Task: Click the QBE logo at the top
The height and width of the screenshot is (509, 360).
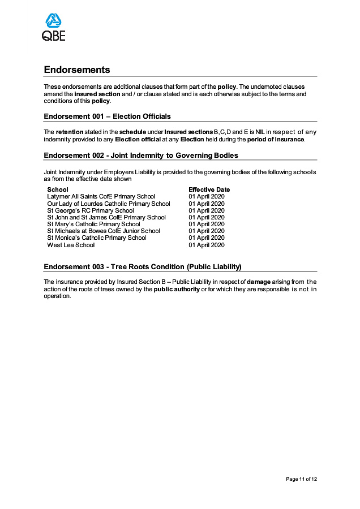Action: click(x=54, y=28)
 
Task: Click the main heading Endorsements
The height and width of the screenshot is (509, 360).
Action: click(x=77, y=70)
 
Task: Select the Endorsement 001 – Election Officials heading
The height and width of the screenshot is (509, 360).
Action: click(x=107, y=117)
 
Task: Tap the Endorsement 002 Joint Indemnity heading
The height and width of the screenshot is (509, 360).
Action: click(x=141, y=156)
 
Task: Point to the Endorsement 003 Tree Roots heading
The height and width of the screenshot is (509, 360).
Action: click(x=143, y=267)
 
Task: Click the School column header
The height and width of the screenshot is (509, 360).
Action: click(x=58, y=189)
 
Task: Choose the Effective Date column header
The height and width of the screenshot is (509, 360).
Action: click(x=209, y=189)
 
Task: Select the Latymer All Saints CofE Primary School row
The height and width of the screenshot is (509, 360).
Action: click(x=101, y=197)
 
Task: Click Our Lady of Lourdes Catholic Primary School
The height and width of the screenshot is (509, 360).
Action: click(x=109, y=204)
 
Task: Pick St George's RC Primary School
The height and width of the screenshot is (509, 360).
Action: click(x=91, y=210)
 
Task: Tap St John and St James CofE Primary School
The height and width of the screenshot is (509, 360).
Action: click(x=106, y=217)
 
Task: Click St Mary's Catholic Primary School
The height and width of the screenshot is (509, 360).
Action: click(x=93, y=224)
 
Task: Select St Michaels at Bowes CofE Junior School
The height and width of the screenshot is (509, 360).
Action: click(x=104, y=231)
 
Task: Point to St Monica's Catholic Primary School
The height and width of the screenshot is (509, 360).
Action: click(x=97, y=238)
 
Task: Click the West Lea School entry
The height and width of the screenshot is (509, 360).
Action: click(x=71, y=245)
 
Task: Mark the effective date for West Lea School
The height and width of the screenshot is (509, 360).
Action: click(x=207, y=245)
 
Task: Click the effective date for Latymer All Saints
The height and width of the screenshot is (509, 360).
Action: click(x=207, y=197)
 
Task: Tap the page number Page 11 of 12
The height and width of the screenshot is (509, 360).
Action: click(x=301, y=479)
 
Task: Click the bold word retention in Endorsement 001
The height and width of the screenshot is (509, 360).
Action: click(x=70, y=132)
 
